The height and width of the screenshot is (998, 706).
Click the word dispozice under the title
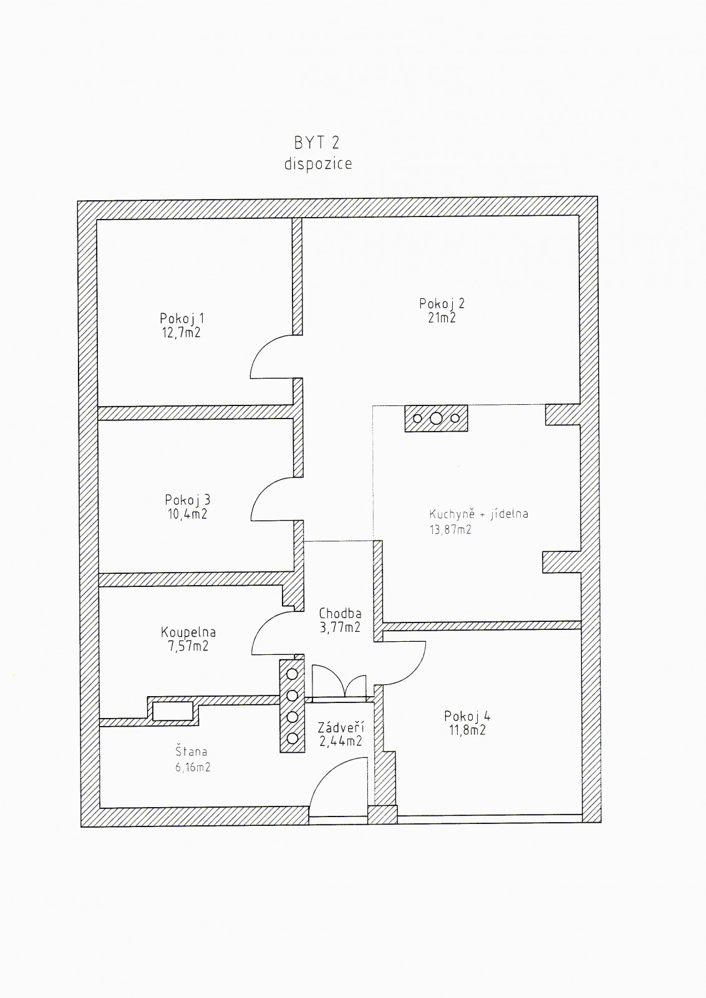(x=318, y=163)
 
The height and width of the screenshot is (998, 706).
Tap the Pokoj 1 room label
(x=181, y=318)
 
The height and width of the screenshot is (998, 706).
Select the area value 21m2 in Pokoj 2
(x=442, y=318)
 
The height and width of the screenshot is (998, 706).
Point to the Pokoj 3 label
(x=187, y=500)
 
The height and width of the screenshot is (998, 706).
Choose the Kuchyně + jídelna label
(x=478, y=515)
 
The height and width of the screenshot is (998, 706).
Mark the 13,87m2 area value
(x=449, y=530)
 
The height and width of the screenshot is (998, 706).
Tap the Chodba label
(x=340, y=613)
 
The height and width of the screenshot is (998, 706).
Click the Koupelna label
(x=188, y=632)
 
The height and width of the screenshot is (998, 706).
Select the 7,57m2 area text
(x=188, y=647)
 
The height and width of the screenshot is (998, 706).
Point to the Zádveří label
(x=341, y=727)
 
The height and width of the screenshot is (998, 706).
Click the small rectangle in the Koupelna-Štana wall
(x=173, y=711)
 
